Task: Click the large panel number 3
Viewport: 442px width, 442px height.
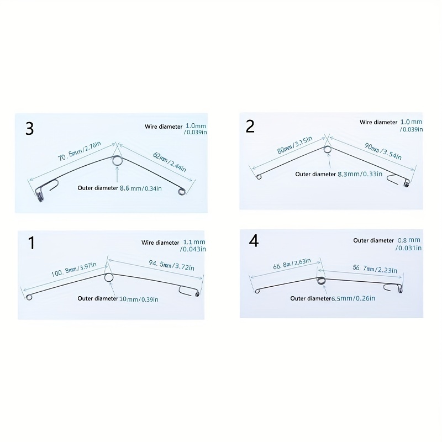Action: (x=30, y=129)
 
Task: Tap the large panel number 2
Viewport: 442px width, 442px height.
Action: (x=250, y=126)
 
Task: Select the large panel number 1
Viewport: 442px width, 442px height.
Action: (x=31, y=243)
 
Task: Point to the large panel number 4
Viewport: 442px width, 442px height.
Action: (x=254, y=241)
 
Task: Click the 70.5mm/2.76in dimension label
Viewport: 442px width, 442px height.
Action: (x=79, y=151)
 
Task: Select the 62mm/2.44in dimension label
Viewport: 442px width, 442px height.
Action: (x=170, y=162)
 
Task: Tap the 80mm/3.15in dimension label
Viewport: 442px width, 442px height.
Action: (x=294, y=145)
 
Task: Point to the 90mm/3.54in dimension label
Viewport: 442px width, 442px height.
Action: (x=383, y=151)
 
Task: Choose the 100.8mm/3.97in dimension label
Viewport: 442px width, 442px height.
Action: (x=74, y=269)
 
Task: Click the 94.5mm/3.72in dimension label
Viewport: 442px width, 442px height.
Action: (x=171, y=265)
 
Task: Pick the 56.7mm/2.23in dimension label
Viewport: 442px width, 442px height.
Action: (x=375, y=269)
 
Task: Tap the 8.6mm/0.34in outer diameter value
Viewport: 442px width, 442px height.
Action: (x=141, y=188)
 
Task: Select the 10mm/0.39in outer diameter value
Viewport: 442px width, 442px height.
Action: (x=139, y=299)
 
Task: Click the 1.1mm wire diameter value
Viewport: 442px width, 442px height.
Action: (x=194, y=242)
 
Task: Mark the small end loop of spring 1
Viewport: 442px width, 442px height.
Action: (x=29, y=297)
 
